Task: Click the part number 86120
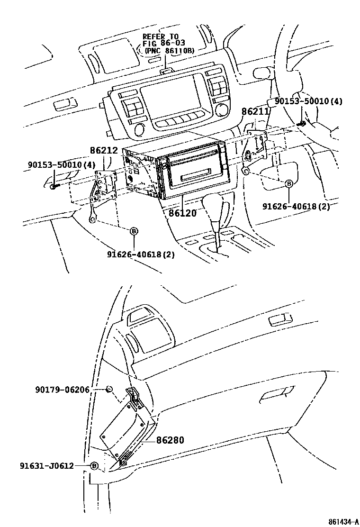click(182, 213)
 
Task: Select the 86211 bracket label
click(255, 112)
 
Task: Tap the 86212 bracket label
click(104, 151)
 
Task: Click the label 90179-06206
click(69, 390)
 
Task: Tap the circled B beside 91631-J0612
click(94, 466)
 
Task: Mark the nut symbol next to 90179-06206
click(109, 389)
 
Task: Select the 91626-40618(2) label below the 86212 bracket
click(141, 254)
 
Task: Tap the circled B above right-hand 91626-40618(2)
click(288, 184)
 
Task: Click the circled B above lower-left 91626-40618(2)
click(134, 231)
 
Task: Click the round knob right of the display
click(221, 110)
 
